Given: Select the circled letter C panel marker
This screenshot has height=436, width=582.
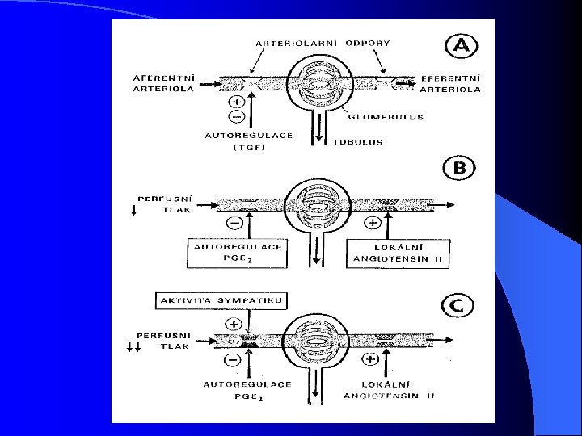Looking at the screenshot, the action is pos(457,306).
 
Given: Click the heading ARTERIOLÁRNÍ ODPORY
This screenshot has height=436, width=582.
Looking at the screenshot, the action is pos(323,43).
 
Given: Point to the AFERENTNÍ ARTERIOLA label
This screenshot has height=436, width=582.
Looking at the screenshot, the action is pos(163,83).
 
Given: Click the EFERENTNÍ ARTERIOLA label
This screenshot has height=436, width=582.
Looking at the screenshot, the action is pos(449,83).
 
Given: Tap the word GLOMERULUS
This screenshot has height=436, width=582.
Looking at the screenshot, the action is pos(386,117).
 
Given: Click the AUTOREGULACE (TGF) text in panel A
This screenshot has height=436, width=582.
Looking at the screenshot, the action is pos(248,141).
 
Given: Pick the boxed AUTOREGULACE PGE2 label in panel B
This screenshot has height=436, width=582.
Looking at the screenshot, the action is pos(238,252).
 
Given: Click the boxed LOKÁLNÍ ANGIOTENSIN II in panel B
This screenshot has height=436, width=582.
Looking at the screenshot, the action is pos(399,252).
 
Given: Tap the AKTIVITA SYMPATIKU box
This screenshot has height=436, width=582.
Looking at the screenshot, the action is pos(220,300).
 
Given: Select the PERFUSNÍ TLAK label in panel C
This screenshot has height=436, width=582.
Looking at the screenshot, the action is pos(164,340).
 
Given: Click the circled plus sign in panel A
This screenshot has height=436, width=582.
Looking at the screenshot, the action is pos(235,102).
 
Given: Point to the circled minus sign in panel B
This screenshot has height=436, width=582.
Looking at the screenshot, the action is pos(235,222).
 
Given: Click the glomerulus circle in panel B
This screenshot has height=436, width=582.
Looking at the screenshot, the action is pos(312,204).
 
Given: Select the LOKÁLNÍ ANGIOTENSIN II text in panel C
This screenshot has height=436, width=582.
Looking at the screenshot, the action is pos(388,390).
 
